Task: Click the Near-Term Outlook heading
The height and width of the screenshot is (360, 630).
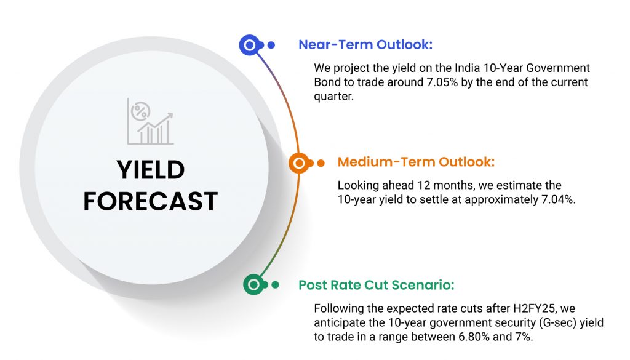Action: tap(365, 44)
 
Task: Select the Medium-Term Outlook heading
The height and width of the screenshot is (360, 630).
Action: tap(416, 162)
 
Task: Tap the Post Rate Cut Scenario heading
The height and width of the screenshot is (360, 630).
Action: tap(376, 285)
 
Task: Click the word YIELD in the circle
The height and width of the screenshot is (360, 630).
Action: tap(151, 170)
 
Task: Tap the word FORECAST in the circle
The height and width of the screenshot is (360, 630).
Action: tap(151, 201)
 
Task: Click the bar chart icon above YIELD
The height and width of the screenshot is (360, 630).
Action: tap(150, 121)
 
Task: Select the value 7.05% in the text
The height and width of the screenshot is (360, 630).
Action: tap(442, 82)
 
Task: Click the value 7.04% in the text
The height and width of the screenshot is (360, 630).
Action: tap(557, 199)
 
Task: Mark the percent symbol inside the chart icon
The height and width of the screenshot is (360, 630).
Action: tap(140, 111)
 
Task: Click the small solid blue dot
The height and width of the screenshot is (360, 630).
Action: tap(271, 45)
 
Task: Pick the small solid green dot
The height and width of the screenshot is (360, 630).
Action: tap(275, 285)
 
